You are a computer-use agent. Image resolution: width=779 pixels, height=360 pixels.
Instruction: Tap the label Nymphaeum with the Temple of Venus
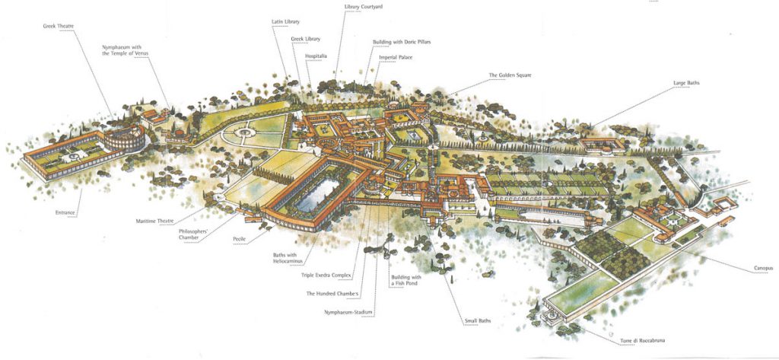(127, 50)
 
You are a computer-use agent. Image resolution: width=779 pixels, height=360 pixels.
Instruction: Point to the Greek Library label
(306, 39)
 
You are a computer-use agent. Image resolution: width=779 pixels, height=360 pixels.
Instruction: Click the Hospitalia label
(316, 56)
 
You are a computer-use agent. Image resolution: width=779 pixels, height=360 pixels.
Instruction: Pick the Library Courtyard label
(363, 7)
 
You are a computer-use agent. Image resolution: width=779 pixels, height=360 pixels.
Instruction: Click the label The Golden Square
(510, 75)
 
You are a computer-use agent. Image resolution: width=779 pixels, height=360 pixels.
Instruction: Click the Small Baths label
(477, 320)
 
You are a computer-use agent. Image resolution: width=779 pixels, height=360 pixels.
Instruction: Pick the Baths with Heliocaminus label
(288, 259)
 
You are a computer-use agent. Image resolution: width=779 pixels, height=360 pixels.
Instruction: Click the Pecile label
(239, 238)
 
